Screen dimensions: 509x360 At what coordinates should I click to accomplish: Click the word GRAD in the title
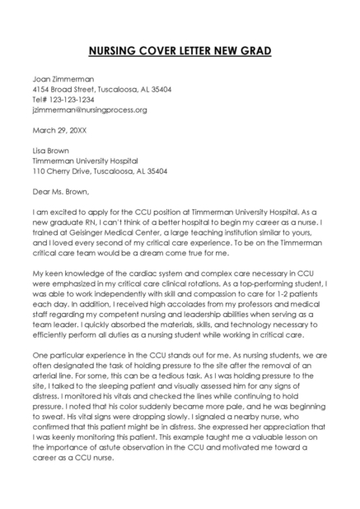253,51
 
